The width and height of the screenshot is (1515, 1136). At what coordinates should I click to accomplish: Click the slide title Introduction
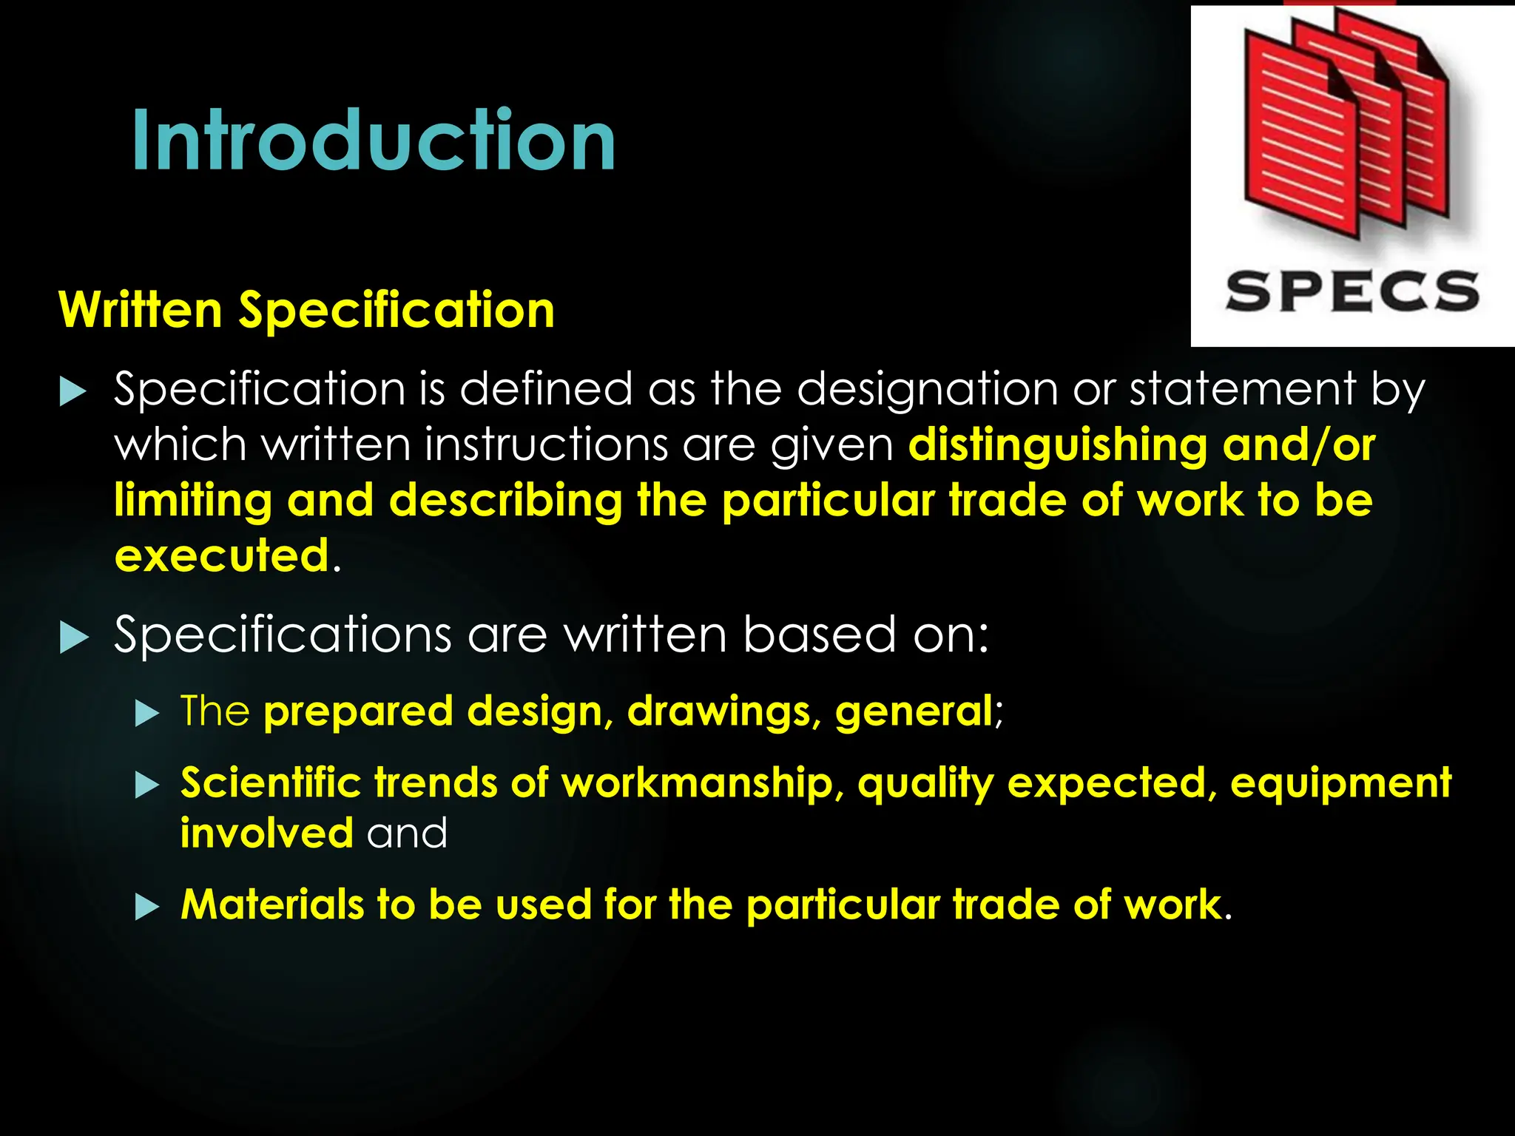click(x=374, y=141)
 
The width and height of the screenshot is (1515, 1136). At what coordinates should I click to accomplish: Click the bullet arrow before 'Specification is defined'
click(x=72, y=390)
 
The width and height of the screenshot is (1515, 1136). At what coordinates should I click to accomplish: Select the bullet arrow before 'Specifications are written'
click(x=73, y=637)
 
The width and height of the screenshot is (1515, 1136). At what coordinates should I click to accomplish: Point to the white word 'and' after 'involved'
click(x=407, y=834)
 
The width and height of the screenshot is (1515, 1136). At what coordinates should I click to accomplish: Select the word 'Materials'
click(x=272, y=905)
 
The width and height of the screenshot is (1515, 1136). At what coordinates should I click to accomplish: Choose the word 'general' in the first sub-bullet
click(x=914, y=711)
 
